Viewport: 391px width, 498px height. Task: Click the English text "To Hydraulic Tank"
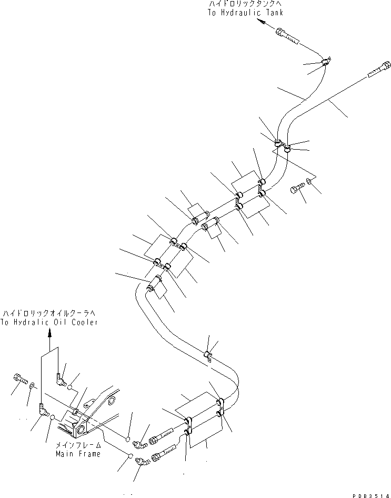point(245,13)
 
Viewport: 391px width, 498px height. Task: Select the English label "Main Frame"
point(78,454)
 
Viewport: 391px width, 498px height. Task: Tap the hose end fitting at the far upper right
point(379,69)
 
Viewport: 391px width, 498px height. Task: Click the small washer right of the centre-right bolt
point(309,181)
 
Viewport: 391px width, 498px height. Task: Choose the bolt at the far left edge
point(21,378)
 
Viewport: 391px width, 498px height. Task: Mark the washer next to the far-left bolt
point(32,386)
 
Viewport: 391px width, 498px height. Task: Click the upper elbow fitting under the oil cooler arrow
point(60,379)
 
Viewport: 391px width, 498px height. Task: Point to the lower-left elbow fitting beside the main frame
point(44,409)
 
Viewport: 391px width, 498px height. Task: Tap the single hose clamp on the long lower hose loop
point(208,356)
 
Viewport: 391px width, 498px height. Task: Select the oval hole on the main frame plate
point(112,401)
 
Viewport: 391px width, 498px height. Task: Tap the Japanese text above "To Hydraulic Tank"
point(245,4)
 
